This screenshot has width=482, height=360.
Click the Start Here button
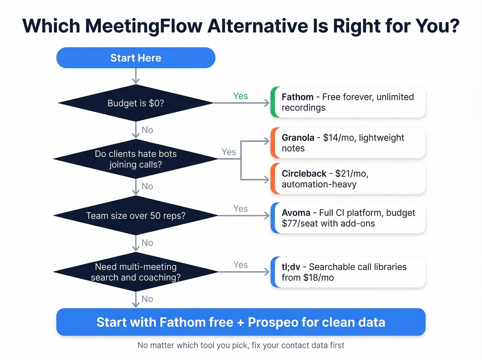pos(136,58)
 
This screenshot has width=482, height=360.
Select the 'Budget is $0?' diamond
pos(136,103)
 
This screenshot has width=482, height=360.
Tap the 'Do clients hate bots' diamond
pos(136,159)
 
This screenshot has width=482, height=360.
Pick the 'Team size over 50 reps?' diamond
pos(136,216)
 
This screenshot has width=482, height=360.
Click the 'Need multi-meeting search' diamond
pos(136,272)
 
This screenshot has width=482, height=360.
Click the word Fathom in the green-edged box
pos(297,97)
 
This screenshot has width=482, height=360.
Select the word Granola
pos(298,138)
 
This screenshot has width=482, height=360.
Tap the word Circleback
pos(304,174)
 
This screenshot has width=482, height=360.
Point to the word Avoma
pos(296,213)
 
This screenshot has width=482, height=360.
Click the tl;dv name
pos(291,267)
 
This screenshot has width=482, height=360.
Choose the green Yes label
pos(240,96)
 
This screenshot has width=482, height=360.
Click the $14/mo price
pos(338,138)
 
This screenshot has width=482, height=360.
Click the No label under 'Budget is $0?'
pos(147,130)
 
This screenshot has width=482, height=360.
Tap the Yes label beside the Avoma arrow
pos(240,209)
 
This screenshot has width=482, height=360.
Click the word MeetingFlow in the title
pos(144,26)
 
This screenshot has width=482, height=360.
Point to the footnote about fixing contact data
pos(241,345)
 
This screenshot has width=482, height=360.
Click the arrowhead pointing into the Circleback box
pos(267,179)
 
